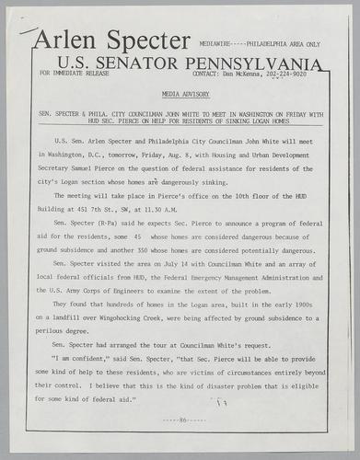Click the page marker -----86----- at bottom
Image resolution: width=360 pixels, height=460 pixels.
pos(180,419)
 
